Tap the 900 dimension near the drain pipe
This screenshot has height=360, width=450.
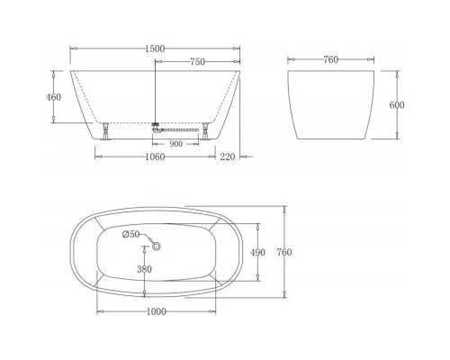pos(175,143)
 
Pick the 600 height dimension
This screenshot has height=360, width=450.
pos(397,105)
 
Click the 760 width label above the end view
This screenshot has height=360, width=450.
pos(330,60)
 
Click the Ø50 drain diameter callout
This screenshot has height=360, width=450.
pos(132,234)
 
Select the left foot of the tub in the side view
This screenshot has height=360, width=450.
pos(107,130)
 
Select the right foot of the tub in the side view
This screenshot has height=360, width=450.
pos(208,130)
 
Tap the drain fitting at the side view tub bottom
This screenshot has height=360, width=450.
pos(155,125)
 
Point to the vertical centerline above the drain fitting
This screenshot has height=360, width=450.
pos(156,90)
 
